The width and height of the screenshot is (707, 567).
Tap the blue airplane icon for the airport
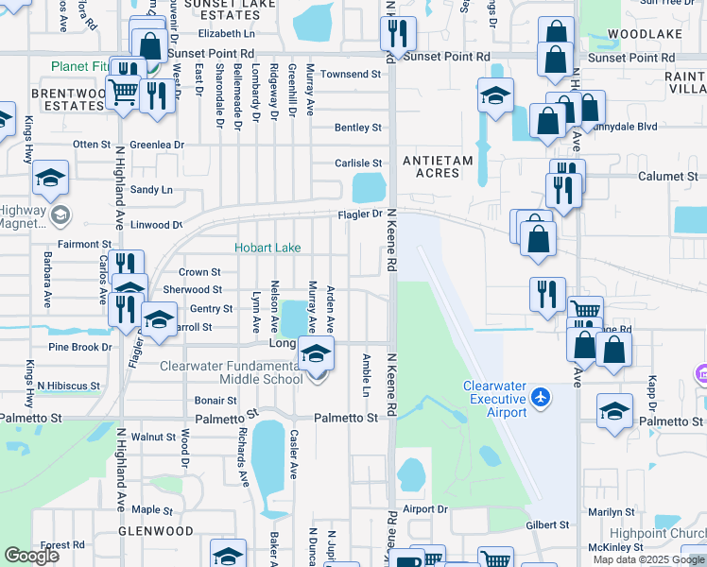540,396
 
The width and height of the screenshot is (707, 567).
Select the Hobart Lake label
268,248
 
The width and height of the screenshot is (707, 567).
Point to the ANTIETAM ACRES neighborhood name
438,168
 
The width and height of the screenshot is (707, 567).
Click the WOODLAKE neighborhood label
645,34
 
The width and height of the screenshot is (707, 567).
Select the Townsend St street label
350,74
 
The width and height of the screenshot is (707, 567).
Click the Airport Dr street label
424,508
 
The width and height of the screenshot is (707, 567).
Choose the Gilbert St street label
548,524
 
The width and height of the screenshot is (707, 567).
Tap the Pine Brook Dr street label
80,348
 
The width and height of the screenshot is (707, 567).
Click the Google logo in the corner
31,556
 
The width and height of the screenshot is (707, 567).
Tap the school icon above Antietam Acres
495,96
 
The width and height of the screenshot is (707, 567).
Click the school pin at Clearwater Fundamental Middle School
317,355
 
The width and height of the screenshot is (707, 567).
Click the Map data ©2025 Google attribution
648,559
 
